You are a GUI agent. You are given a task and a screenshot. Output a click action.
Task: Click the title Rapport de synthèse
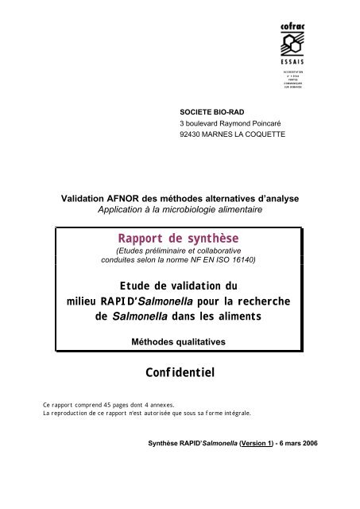coord(179,238)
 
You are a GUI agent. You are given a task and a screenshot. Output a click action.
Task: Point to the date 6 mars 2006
coord(295,464)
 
